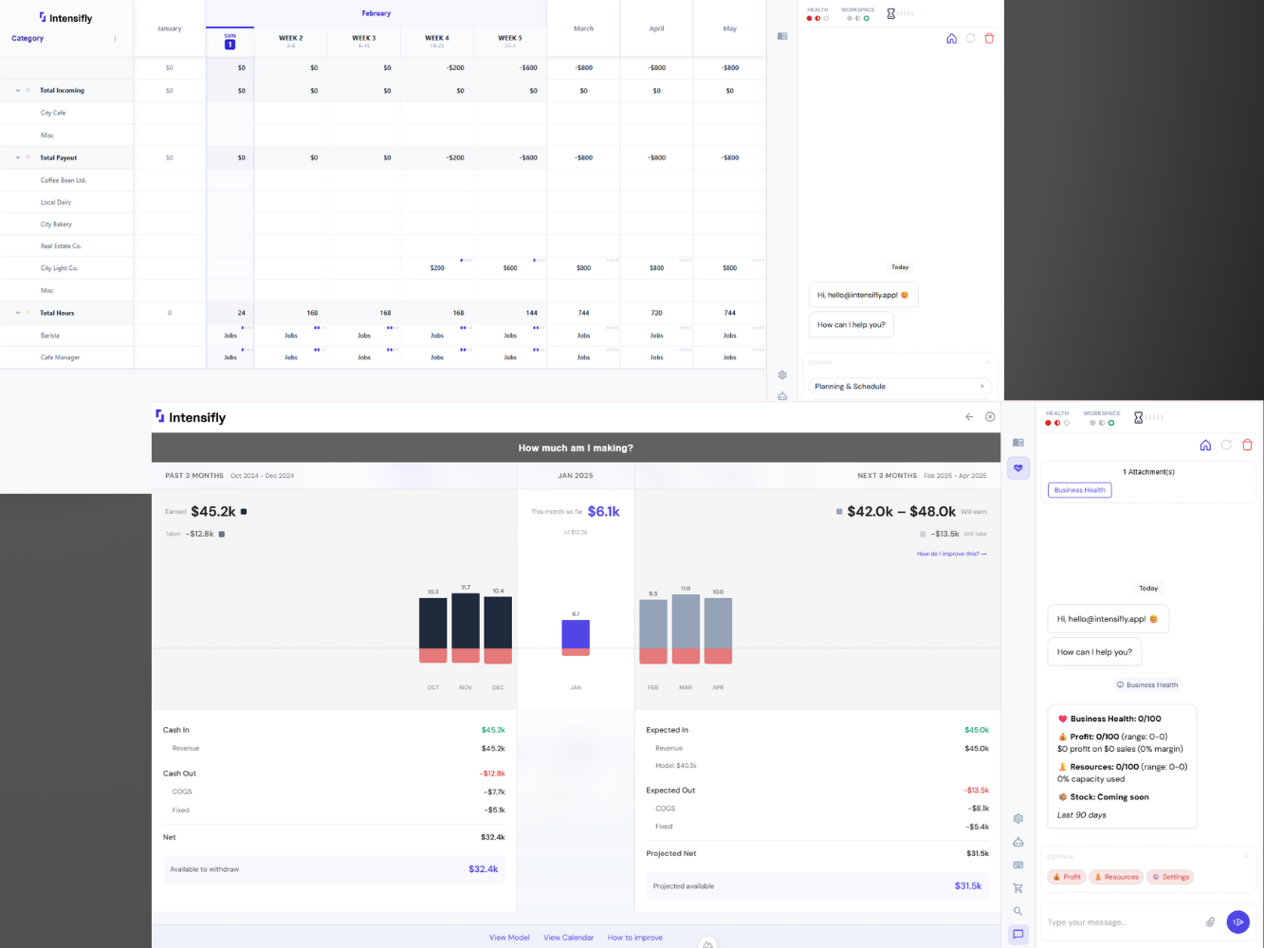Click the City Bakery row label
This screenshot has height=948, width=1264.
(x=56, y=225)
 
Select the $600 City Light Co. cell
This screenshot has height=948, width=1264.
(x=510, y=268)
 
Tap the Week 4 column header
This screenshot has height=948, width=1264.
(x=437, y=41)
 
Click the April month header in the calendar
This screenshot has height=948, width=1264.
(x=656, y=28)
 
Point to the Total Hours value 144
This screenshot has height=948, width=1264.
(x=531, y=313)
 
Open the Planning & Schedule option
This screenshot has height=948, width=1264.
(x=899, y=387)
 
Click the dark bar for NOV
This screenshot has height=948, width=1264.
(x=466, y=621)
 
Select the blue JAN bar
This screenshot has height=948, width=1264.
(x=576, y=634)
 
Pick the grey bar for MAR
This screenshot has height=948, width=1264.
(x=686, y=622)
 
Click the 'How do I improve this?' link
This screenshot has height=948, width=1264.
(x=951, y=554)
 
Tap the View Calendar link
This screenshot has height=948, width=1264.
(x=568, y=938)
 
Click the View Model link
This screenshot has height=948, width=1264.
(x=509, y=938)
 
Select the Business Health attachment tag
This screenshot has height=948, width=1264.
(x=1079, y=490)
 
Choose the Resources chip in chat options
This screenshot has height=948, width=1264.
(x=1116, y=877)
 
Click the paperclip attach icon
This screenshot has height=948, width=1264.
(x=1210, y=921)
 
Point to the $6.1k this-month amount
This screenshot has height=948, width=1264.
(x=603, y=512)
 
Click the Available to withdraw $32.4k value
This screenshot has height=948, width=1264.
(x=483, y=869)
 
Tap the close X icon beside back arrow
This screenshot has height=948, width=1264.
(x=990, y=417)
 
